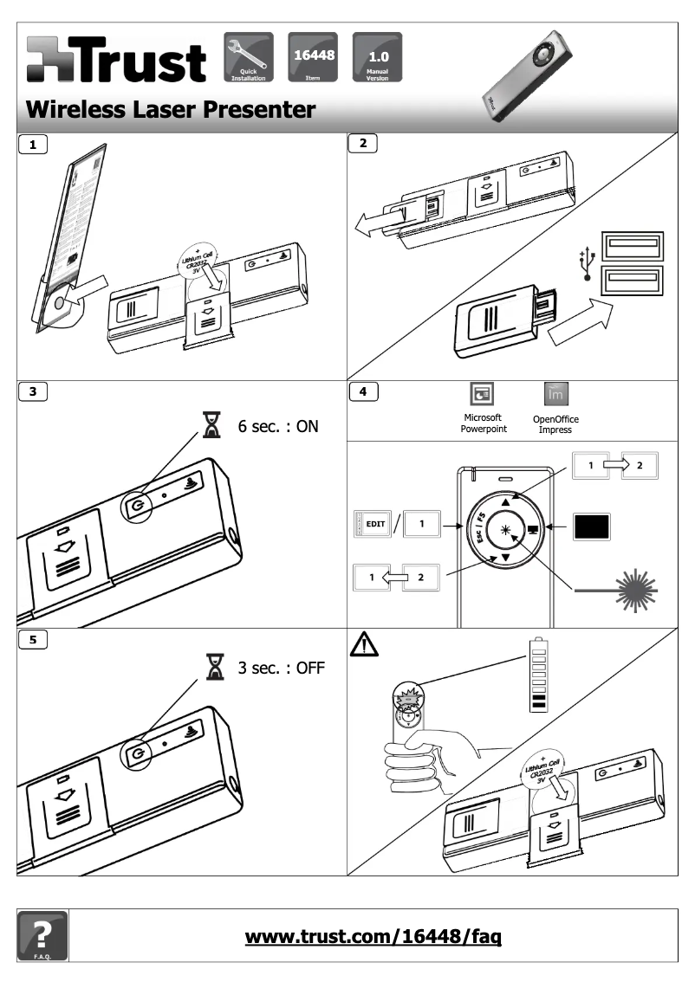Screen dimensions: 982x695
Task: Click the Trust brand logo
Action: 116,61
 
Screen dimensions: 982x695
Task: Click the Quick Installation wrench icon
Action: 249,56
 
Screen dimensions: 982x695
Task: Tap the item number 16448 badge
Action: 310,56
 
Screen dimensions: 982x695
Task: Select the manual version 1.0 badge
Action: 377,56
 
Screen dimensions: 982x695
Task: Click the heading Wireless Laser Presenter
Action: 171,110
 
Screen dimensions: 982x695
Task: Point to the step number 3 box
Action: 33,391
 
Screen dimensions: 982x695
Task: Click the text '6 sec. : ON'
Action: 278,426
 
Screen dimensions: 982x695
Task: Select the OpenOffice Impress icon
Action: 555,394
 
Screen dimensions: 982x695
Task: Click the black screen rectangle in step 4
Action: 592,526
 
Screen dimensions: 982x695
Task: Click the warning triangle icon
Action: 364,645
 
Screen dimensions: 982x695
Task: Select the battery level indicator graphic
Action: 538,675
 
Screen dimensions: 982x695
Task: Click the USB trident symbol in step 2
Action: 588,265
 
